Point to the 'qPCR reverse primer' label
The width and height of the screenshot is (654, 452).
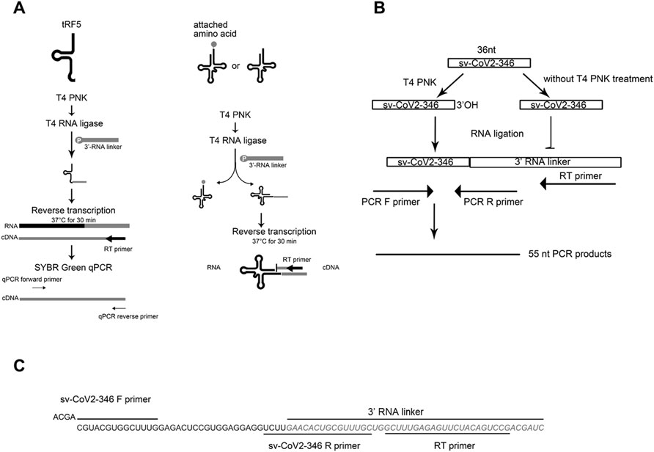[x=128, y=316]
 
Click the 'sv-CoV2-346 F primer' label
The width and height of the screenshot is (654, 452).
[x=104, y=401]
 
